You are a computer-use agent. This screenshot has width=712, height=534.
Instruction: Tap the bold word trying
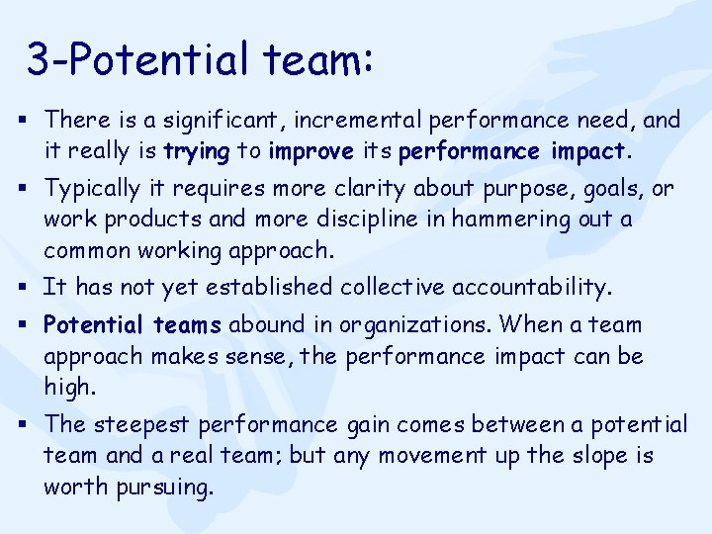[x=198, y=151]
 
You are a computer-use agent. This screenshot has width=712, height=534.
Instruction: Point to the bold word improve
[x=311, y=151]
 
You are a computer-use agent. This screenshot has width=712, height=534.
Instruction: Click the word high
[x=70, y=388]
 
